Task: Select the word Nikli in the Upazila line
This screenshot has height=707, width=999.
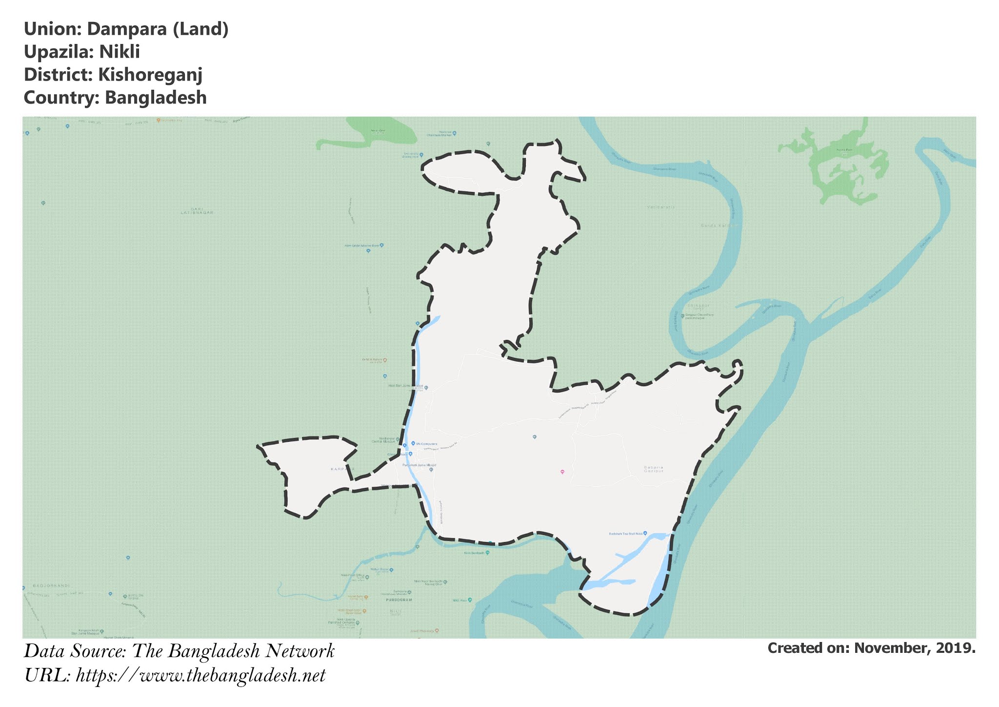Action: pyautogui.click(x=120, y=52)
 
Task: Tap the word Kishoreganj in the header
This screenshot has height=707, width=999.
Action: pyautogui.click(x=150, y=75)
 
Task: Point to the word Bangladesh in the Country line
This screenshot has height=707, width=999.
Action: pyautogui.click(x=156, y=98)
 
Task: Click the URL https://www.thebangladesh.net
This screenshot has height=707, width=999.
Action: pyautogui.click(x=200, y=676)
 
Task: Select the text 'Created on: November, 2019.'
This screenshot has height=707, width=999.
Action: pyautogui.click(x=871, y=648)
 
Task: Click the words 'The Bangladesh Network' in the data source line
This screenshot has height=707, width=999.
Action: pyautogui.click(x=233, y=651)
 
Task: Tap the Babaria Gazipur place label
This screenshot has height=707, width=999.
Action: pyautogui.click(x=654, y=469)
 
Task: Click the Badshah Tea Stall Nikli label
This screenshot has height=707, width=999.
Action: pyautogui.click(x=625, y=534)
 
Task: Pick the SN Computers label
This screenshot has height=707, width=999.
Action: pyautogui.click(x=426, y=443)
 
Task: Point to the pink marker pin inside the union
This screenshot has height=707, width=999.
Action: pyautogui.click(x=562, y=472)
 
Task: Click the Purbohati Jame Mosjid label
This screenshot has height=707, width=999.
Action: pyautogui.click(x=419, y=465)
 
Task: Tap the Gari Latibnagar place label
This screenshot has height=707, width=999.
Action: pyautogui.click(x=197, y=211)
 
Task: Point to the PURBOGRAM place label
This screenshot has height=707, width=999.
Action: pyautogui.click(x=399, y=600)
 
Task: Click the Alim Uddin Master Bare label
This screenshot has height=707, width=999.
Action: pyautogui.click(x=361, y=246)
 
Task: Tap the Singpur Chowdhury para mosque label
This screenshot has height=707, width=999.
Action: pyautogui.click(x=699, y=316)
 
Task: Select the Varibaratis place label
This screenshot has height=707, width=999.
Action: pyautogui.click(x=661, y=208)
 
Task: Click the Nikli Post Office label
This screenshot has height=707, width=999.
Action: pyautogui.click(x=352, y=576)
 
